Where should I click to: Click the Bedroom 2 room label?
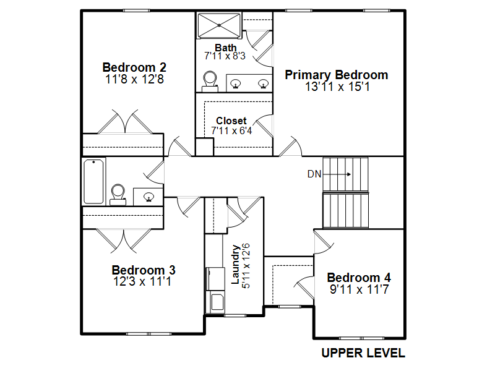pos(134,67)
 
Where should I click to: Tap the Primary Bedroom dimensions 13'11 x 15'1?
pos(337,87)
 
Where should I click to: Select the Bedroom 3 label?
pos(144,270)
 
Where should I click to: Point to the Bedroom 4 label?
pos(359,278)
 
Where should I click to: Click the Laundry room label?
pos(235,265)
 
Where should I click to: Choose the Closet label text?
pos(231,121)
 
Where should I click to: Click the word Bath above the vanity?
pos(225,48)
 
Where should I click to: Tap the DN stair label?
pos(314,174)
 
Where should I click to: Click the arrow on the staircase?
pos(337,174)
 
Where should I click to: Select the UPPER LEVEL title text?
pos(363,353)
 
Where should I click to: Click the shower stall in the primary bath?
pos(219,25)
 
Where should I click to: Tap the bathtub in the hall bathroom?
pos(93,181)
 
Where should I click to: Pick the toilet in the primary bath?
pos(210,82)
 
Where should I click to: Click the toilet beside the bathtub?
pos(118,195)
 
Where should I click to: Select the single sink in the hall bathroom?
pos(148,197)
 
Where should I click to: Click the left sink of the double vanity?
pos(235,84)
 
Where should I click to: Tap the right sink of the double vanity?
pos(264,84)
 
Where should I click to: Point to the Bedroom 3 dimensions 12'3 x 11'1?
pos(142,281)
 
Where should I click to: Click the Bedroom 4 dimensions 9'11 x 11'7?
pos(359,289)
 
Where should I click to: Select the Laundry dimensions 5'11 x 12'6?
pos(246,266)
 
